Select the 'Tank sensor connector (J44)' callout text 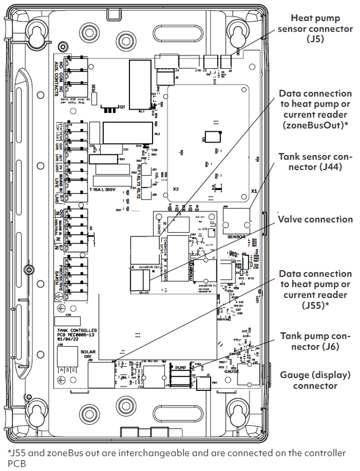click(x=315, y=161)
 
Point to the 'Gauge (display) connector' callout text click(x=315, y=380)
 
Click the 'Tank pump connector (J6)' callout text click(x=315, y=341)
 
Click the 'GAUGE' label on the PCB click(x=232, y=371)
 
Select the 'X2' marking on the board click(x=176, y=190)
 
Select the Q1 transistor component click(x=110, y=110)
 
